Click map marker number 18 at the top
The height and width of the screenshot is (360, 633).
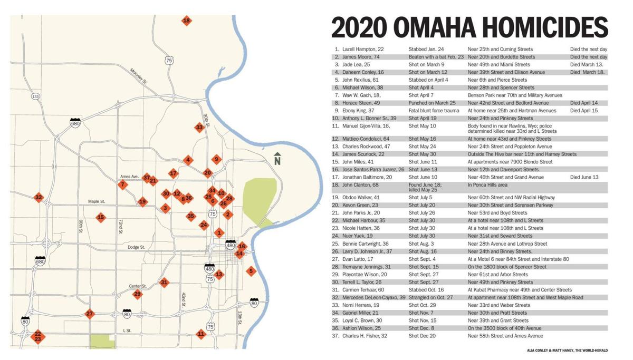click(x=186, y=21)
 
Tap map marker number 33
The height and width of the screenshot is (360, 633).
click(x=199, y=127)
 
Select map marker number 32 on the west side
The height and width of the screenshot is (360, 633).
click(x=38, y=198)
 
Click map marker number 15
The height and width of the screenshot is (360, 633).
click(x=100, y=217)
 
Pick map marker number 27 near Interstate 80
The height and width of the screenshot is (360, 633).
click(x=90, y=314)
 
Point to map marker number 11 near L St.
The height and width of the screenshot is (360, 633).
click(x=200, y=334)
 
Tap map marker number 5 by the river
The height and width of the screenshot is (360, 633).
click(x=251, y=271)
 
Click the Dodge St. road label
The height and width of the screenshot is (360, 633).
click(x=136, y=247)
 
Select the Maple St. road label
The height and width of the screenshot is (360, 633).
click(x=97, y=201)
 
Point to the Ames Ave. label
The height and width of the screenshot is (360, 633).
click(x=129, y=177)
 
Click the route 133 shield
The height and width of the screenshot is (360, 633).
click(x=35, y=96)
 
